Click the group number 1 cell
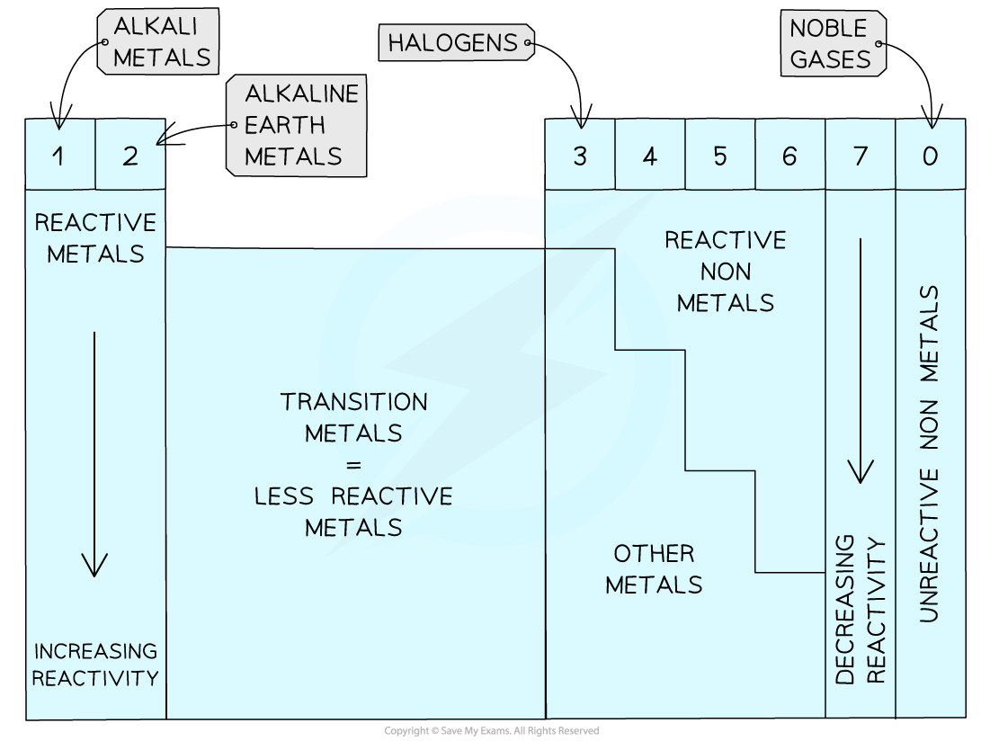(59, 156)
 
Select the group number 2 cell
(130, 156)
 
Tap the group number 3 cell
(580, 156)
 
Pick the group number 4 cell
(650, 156)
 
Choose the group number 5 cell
(720, 156)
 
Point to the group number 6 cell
(789, 156)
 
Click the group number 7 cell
(861, 156)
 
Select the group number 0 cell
(931, 156)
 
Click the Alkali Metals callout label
(160, 42)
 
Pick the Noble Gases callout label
(832, 43)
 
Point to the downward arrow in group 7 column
(861, 360)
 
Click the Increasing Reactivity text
(95, 665)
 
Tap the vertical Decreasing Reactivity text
(861, 612)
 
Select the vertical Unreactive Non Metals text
(930, 454)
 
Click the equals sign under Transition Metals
(353, 465)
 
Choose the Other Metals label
(654, 568)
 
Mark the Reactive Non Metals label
(726, 271)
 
